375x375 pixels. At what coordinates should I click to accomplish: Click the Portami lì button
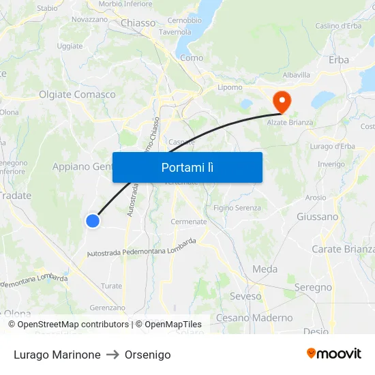pos(187,167)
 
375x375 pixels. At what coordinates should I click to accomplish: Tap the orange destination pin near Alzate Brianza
pos(281,102)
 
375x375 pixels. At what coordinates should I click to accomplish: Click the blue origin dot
pos(93,220)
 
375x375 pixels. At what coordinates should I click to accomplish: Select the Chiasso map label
pos(138,23)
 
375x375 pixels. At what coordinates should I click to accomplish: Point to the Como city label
pos(192,58)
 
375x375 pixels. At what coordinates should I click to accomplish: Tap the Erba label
pos(338,60)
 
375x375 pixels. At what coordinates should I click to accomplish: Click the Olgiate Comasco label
pos(77,95)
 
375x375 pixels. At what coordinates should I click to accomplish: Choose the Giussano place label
pos(317,217)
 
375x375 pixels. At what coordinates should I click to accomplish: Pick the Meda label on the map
pos(265,269)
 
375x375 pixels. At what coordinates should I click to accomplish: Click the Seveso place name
pos(245,297)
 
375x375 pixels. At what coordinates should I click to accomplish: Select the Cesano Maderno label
pos(254,318)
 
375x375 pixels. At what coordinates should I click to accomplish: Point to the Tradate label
pos(16,196)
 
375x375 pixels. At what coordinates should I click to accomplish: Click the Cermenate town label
pos(188,222)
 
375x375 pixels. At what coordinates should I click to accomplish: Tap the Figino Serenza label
pos(237,207)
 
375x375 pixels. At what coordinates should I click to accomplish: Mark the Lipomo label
pos(230,87)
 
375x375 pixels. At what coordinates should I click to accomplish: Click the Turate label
pos(111,286)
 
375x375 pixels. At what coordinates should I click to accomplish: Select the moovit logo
pos(333,354)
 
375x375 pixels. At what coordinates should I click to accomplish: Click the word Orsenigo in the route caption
pos(148,355)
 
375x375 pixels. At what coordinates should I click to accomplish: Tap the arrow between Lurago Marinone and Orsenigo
pos(112,355)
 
